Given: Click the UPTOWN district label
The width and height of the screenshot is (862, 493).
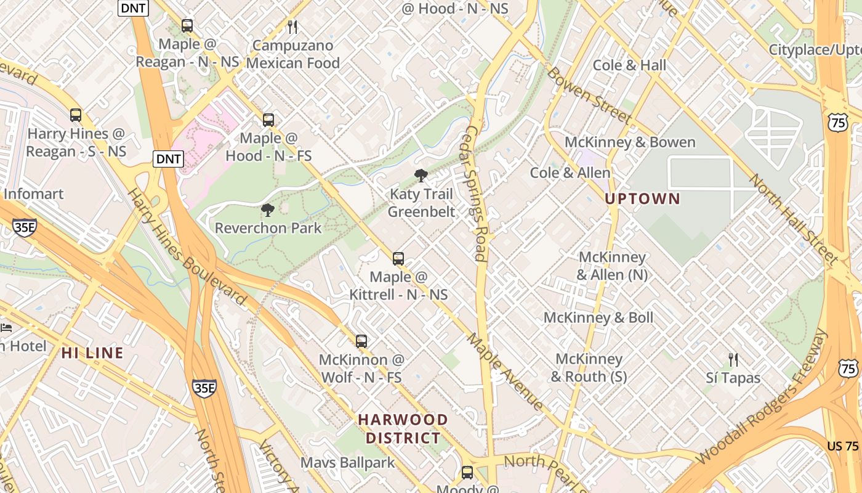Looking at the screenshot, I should tap(642, 198).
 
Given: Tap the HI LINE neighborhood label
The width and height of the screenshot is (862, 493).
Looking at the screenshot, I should tap(92, 353).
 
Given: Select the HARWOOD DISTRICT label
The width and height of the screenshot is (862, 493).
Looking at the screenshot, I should tap(403, 429).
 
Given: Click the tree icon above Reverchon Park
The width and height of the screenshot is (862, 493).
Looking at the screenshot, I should tap(268, 210).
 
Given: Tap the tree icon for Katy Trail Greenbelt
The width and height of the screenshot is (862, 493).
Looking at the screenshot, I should tap(421, 176).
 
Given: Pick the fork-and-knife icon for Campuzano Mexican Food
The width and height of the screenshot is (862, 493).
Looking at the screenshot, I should tap(292, 26).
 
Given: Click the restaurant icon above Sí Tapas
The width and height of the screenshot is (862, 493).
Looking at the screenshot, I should tap(733, 360).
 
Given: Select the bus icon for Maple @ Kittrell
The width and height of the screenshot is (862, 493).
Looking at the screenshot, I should tap(398, 259).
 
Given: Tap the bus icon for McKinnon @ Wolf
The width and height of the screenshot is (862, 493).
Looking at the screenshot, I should tap(361, 341).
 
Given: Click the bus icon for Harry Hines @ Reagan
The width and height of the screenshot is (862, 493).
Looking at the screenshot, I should tap(76, 115).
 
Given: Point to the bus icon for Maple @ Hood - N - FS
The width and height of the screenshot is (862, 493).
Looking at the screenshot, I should tap(268, 120).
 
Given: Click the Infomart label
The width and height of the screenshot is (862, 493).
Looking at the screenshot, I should tap(33, 194).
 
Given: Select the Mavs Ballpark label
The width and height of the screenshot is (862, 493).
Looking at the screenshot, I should tap(347, 462).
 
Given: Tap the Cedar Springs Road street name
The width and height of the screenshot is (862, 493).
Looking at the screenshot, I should tap(477, 194).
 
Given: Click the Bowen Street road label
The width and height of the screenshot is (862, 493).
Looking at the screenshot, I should tap(589, 96).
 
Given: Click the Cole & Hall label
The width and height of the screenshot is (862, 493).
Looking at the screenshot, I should tap(629, 65).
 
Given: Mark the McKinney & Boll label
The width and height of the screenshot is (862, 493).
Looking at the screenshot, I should tap(598, 318).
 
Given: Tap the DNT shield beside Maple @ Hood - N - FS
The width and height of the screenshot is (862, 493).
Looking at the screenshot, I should tap(168, 159).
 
